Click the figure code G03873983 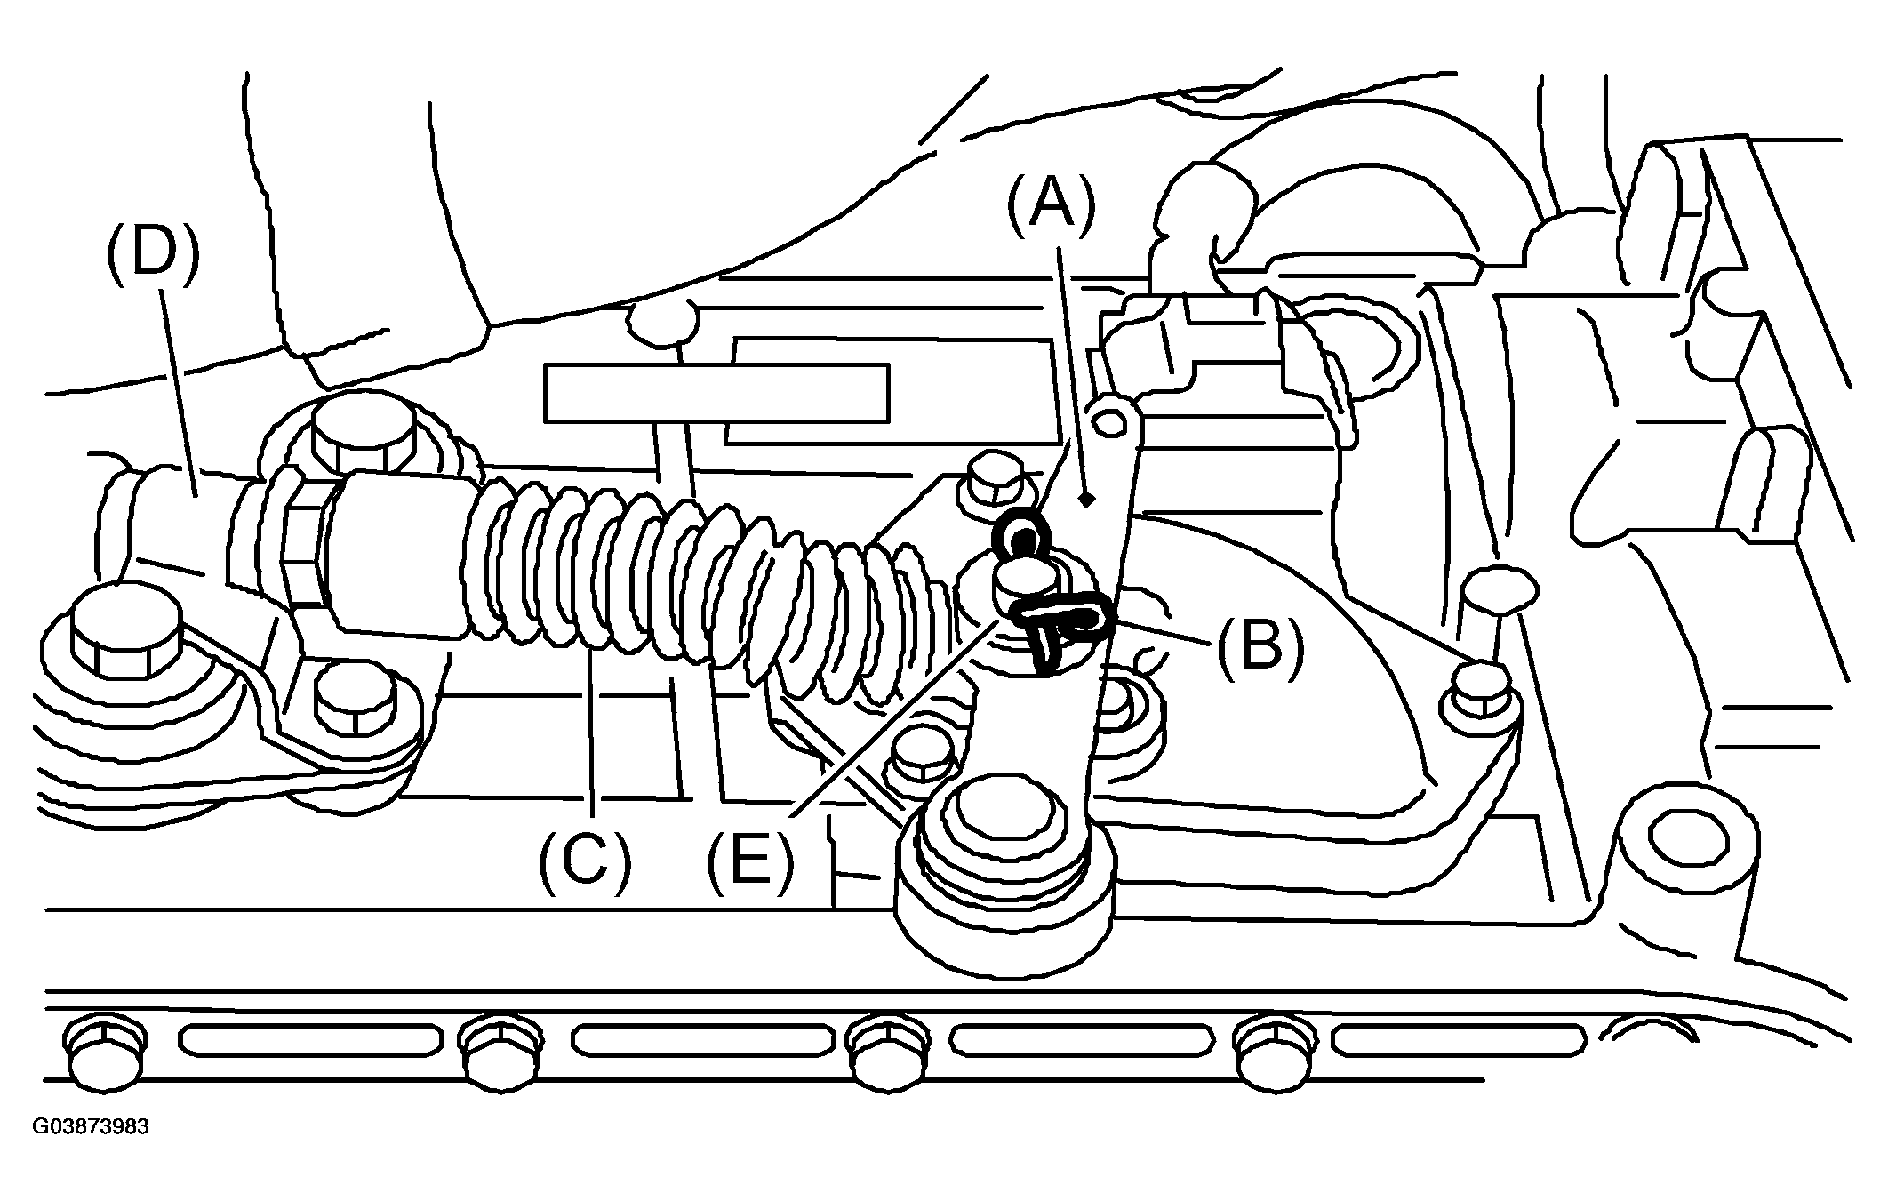(x=91, y=1127)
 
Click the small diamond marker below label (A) (x=1085, y=502)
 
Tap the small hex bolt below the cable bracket (x=355, y=695)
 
